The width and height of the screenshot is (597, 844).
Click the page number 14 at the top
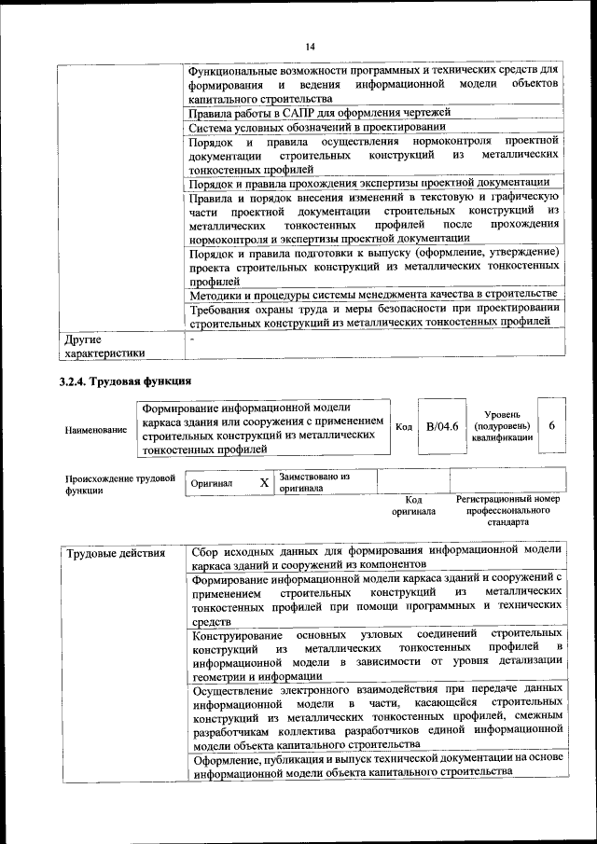(310, 47)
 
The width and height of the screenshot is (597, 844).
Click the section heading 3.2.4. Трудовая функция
(126, 380)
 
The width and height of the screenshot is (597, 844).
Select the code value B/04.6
(442, 426)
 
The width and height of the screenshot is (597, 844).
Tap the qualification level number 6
(552, 425)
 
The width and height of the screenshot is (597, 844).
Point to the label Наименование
(96, 430)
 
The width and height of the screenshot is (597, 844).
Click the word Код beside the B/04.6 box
(404, 426)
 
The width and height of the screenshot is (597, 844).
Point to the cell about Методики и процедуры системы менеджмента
(373, 296)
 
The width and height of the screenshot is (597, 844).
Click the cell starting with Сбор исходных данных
(373, 558)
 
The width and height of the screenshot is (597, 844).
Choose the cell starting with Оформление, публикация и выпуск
(373, 765)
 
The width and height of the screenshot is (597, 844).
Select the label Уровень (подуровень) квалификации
(502, 425)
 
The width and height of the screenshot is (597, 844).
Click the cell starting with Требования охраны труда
(373, 315)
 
